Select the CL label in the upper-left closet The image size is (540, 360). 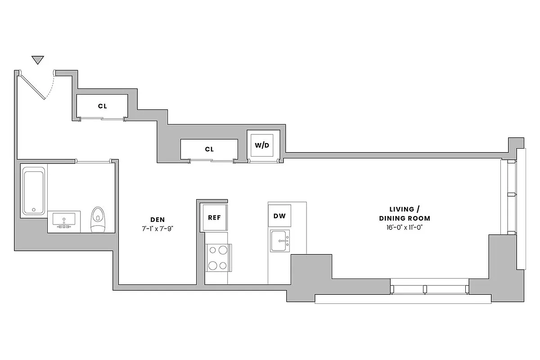pyautogui.click(x=102, y=106)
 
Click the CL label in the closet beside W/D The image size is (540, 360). pyautogui.click(x=209, y=149)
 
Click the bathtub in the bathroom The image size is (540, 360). pyautogui.click(x=34, y=191)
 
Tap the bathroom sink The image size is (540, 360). pyautogui.click(x=63, y=221)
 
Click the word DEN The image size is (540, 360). pyautogui.click(x=157, y=220)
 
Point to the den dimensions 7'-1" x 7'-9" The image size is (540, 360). pyautogui.click(x=157, y=228)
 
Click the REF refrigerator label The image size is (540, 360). pyautogui.click(x=214, y=217)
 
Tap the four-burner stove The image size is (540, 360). pyautogui.click(x=217, y=258)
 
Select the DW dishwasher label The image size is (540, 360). pyautogui.click(x=279, y=216)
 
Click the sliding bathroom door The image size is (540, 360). pyautogui.click(x=94, y=161)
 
